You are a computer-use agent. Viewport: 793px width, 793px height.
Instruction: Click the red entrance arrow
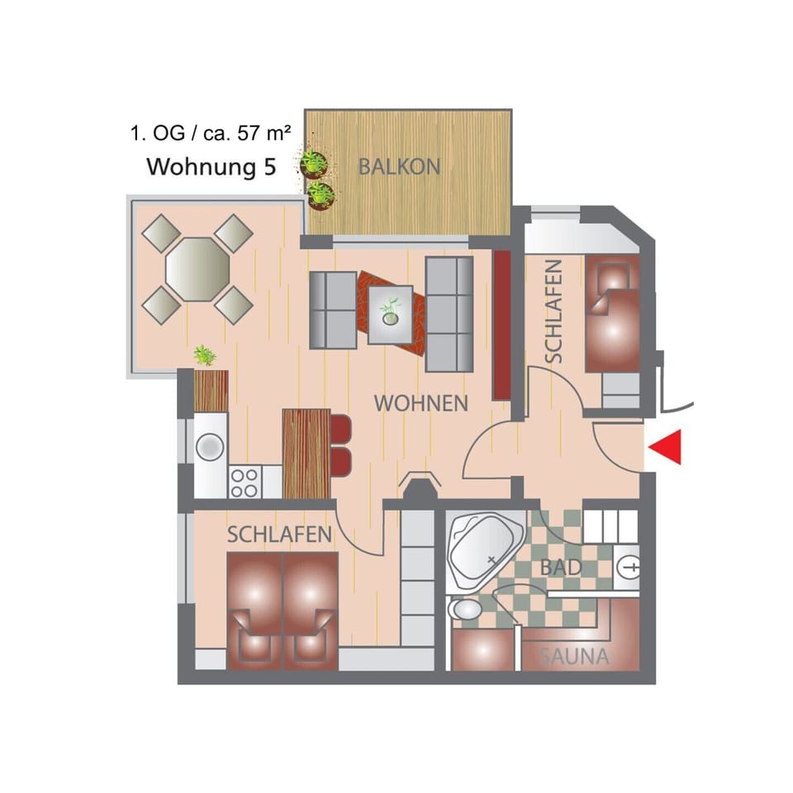(x=666, y=447)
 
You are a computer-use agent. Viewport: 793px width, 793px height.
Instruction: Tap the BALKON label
(x=399, y=166)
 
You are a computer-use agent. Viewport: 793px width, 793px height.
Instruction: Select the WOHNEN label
(x=421, y=404)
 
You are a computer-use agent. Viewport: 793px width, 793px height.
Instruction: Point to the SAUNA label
(x=574, y=658)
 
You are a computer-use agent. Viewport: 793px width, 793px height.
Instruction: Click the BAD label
(x=562, y=567)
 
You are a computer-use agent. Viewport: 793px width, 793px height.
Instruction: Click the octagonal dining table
(x=197, y=268)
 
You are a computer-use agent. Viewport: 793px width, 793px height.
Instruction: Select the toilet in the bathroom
(x=466, y=610)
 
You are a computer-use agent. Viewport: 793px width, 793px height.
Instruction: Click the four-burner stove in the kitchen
(x=245, y=481)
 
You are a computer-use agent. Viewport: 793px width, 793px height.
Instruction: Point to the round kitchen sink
(x=210, y=447)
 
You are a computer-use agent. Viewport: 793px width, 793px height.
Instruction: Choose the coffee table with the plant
(x=391, y=314)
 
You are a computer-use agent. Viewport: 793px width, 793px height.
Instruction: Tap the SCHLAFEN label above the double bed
(x=279, y=534)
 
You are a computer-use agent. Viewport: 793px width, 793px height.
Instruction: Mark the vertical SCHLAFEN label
(x=553, y=311)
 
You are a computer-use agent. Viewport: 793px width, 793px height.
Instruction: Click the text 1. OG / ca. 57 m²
(x=210, y=132)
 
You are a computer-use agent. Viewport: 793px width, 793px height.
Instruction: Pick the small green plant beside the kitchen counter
(x=204, y=356)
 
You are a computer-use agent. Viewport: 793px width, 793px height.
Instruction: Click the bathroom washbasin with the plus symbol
(x=629, y=567)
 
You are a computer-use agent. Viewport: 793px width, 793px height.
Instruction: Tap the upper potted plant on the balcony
(x=313, y=163)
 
